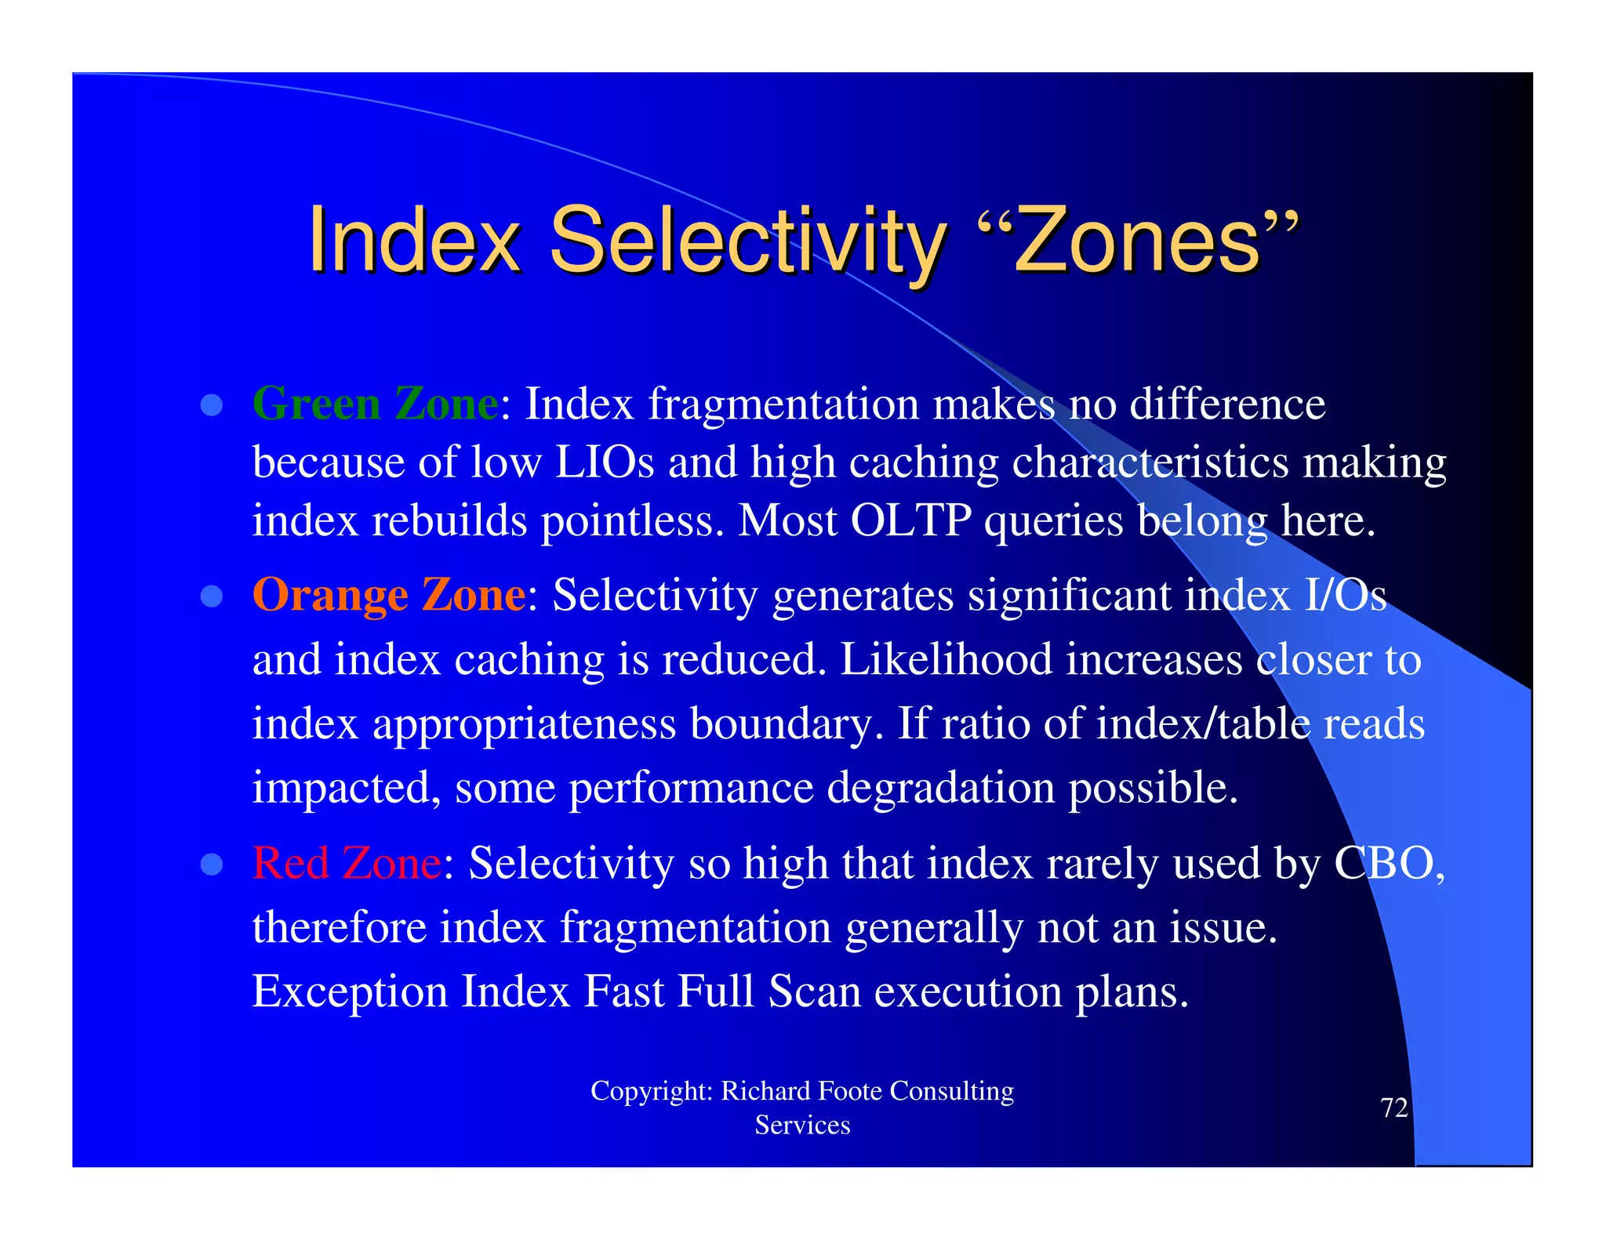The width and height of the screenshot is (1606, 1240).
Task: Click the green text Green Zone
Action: tap(375, 404)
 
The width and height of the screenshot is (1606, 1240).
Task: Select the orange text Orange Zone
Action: tap(388, 595)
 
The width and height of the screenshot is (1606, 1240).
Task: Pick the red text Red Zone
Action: tap(347, 864)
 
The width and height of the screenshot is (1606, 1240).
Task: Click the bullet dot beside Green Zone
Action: tap(212, 405)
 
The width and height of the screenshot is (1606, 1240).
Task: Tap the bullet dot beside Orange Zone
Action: tap(212, 596)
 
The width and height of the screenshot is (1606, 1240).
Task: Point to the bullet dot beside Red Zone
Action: tap(212, 865)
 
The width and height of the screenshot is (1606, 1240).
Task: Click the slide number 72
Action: tap(1393, 1108)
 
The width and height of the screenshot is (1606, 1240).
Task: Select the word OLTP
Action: tap(910, 520)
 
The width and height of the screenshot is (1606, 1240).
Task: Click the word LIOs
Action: tap(604, 462)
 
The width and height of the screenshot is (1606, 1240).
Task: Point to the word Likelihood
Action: tap(946, 659)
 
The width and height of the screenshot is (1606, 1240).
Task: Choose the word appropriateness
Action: tap(524, 724)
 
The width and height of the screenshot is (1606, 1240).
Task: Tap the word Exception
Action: tap(350, 992)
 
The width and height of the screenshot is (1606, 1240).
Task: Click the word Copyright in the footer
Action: tap(651, 1091)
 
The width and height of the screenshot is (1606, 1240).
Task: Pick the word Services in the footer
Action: tap(802, 1126)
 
